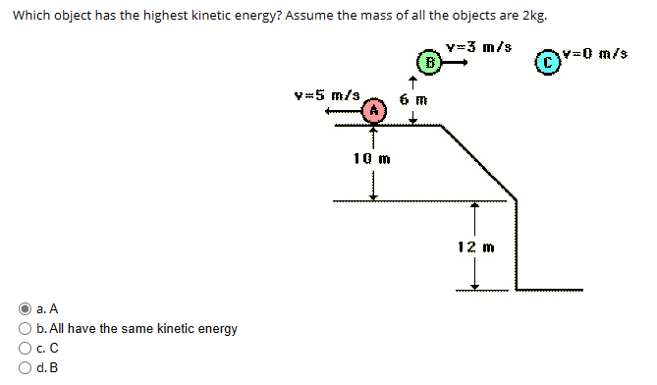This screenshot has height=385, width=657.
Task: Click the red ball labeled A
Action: [372, 112]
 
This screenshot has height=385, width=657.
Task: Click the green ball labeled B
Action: [428, 63]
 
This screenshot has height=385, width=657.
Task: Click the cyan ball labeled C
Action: [554, 62]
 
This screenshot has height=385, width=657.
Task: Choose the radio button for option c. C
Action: [27, 347]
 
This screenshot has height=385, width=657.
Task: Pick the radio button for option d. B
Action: [27, 367]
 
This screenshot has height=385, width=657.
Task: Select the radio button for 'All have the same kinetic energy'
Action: [27, 327]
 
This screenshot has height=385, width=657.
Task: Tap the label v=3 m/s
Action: [477, 47]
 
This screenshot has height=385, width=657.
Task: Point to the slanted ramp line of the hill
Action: [475, 162]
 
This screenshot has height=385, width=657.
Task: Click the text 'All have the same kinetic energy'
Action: [136, 327]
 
